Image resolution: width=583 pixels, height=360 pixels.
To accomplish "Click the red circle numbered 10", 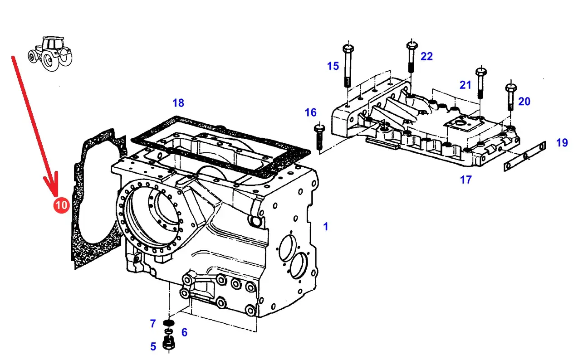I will (61, 205).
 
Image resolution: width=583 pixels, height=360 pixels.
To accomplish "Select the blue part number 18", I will (178, 103).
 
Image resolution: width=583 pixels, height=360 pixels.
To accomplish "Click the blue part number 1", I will (325, 227).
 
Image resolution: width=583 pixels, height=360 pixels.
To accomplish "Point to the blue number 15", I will (333, 66).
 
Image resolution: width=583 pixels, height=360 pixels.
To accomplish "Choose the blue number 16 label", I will (311, 112).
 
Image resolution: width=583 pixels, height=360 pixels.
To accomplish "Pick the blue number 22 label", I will (426, 57).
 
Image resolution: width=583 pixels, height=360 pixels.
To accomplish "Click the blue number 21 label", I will (465, 85).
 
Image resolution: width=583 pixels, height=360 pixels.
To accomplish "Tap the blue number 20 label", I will (524, 102).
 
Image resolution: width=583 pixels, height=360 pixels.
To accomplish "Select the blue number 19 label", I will (562, 143).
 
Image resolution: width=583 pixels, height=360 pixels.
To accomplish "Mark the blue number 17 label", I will (466, 180).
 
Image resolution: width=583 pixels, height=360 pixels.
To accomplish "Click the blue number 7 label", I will (153, 324).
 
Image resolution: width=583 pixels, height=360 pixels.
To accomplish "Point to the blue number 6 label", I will (184, 333).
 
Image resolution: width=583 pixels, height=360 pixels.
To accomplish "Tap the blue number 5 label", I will (153, 347).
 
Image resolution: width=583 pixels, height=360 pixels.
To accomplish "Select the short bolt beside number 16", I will (319, 136).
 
